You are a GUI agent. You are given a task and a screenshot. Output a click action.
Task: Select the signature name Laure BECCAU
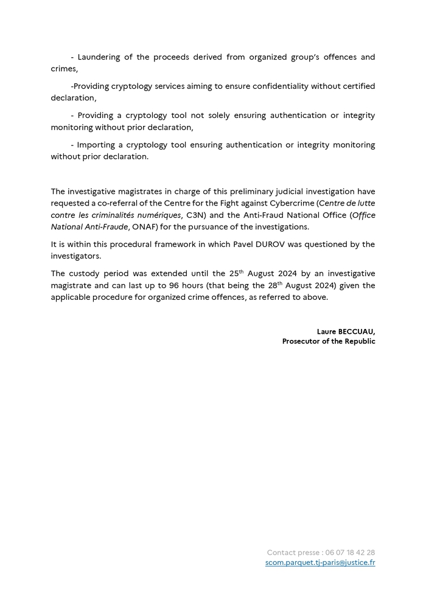[x=346, y=331]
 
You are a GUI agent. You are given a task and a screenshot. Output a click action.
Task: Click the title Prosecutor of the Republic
[x=329, y=342]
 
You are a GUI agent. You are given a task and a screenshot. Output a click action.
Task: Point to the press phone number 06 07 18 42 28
[x=350, y=552]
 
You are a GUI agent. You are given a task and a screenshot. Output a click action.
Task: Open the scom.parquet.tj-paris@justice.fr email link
[x=320, y=562]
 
